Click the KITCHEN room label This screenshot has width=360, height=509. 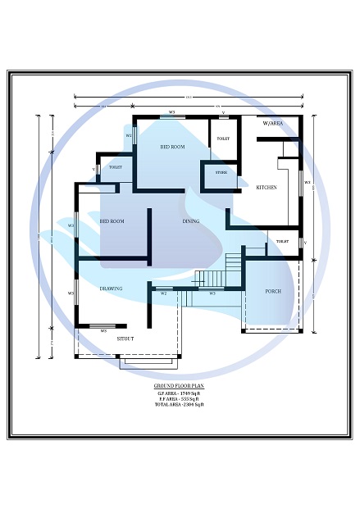click(x=267, y=188)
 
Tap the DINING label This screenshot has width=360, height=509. click(x=191, y=221)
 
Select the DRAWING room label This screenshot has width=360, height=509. click(x=111, y=289)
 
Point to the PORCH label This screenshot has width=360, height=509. click(x=273, y=292)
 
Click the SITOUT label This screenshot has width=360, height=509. click(x=125, y=339)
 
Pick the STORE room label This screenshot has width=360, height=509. click(x=221, y=173)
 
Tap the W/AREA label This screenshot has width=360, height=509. click(x=272, y=123)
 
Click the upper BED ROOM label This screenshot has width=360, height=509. click(x=172, y=147)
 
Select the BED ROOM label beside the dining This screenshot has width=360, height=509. click(x=112, y=221)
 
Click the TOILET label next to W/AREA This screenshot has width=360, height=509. click(x=223, y=139)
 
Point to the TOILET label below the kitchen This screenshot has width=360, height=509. click(x=282, y=242)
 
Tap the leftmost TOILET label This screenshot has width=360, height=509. click(x=116, y=167)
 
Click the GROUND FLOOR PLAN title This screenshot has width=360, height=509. click(x=179, y=385)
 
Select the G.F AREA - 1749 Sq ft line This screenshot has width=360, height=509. click(x=179, y=393)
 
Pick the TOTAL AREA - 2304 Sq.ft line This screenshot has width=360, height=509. click(x=179, y=405)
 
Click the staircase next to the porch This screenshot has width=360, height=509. click(x=235, y=267)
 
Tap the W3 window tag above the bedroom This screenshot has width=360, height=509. click(x=172, y=111)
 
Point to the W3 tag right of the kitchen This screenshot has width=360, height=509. click(x=307, y=182)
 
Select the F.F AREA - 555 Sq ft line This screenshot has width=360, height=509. click(x=179, y=399)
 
